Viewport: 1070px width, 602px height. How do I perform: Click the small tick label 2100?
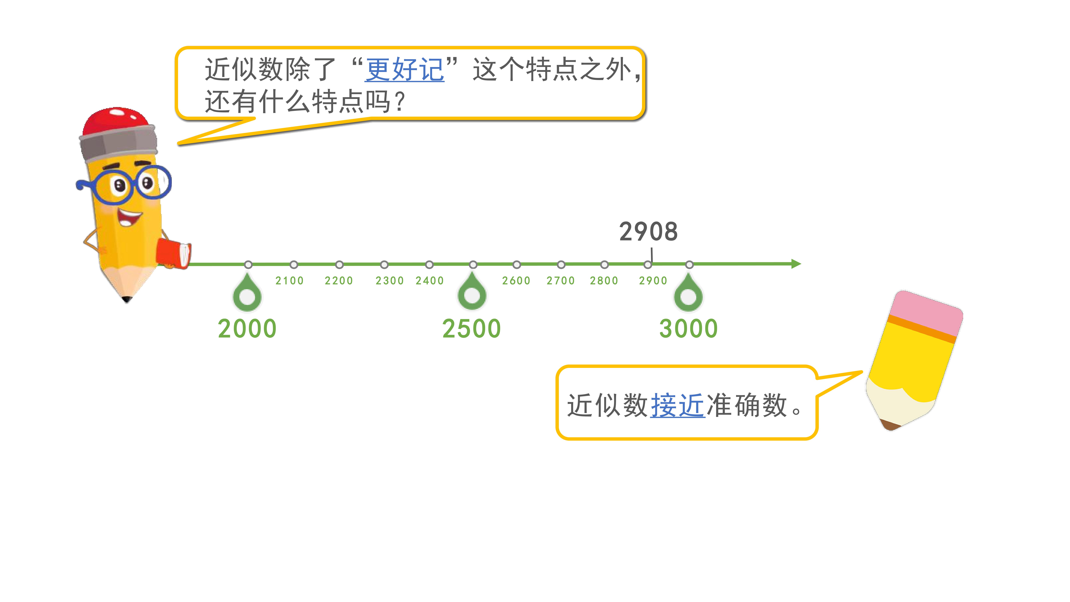pos(290,281)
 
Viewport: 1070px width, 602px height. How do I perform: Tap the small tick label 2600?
pos(516,281)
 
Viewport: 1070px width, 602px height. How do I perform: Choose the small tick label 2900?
pos(653,281)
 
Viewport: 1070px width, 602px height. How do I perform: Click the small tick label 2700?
pos(561,281)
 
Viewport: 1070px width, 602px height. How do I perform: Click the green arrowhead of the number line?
pos(796,264)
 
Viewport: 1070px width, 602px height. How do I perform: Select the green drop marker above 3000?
pos(688,292)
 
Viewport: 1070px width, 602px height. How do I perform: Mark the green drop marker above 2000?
pos(247,292)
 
